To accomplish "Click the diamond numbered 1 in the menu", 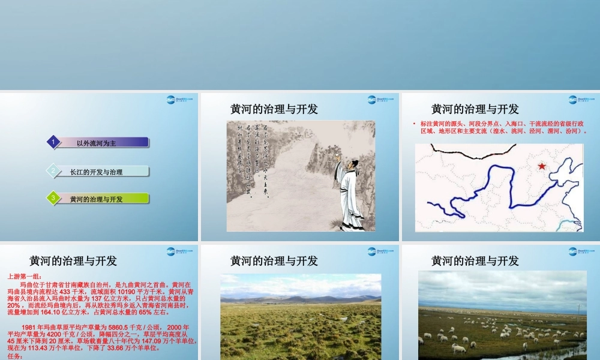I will pyautogui.click(x=53, y=142).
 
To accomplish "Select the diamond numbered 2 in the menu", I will pyautogui.click(x=53, y=171).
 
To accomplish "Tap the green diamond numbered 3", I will pyautogui.click(x=53, y=198).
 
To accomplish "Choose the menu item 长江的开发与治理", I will pyautogui.click(x=96, y=172).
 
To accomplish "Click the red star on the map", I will pyautogui.click(x=542, y=166).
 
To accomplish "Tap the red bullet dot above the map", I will pyautogui.click(x=414, y=124).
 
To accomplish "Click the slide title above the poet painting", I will pyautogui.click(x=274, y=109).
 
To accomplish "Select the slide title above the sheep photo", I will pyautogui.click(x=475, y=261).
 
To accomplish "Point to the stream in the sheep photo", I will pyautogui.click(x=564, y=350).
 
